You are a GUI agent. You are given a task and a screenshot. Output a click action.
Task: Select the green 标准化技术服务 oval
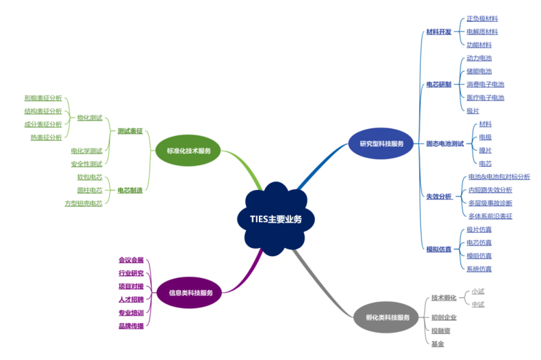click(189, 150)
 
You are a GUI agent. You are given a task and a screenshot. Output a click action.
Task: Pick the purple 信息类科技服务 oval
click(191, 292)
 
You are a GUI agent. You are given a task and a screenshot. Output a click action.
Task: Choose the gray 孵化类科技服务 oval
click(388, 317)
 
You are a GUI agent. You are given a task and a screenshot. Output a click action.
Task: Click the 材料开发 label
click(438, 32)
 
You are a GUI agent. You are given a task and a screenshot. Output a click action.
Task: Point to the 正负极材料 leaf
click(482, 19)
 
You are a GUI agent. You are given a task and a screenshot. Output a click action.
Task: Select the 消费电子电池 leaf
click(485, 84)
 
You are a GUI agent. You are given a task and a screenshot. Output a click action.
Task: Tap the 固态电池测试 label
click(445, 143)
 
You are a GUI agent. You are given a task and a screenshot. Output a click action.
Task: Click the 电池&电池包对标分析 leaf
click(499, 176)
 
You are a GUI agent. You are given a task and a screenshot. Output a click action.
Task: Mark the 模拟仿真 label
click(439, 249)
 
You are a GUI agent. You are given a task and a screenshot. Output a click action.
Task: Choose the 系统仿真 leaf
click(479, 268)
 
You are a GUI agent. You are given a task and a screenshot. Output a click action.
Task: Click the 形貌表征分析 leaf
click(42, 98)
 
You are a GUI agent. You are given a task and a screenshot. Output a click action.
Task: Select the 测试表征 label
click(130, 130)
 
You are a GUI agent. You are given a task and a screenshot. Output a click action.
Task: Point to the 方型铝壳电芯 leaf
click(83, 203)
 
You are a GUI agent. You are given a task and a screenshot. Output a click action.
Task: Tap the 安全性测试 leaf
click(86, 164)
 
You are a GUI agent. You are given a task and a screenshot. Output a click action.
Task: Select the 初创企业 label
click(444, 317)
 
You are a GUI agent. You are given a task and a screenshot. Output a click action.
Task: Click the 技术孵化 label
click(444, 298)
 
